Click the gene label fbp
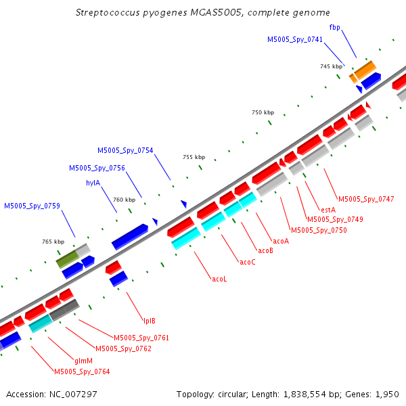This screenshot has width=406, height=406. click(x=334, y=27)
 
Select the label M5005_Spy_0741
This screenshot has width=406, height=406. click(x=295, y=39)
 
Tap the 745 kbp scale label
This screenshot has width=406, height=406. click(x=331, y=66)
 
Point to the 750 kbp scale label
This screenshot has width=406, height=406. click(x=263, y=112)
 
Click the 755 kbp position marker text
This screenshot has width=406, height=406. click(x=194, y=157)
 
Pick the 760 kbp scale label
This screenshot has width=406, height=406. click(x=125, y=200)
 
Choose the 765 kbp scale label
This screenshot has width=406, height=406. click(x=53, y=242)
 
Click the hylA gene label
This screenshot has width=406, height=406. click(x=93, y=183)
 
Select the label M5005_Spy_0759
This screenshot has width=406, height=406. click(x=32, y=206)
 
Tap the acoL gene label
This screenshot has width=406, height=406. click(x=219, y=279)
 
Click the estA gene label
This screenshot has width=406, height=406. click(x=328, y=210)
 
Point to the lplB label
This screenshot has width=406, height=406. click(x=150, y=321)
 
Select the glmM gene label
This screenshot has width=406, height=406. click(x=83, y=361)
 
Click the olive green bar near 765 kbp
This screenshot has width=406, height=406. click(x=67, y=259)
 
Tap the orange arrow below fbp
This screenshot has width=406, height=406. click(x=365, y=70)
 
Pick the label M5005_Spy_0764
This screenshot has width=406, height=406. click(x=82, y=371)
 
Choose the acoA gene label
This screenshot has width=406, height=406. click(x=281, y=242)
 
